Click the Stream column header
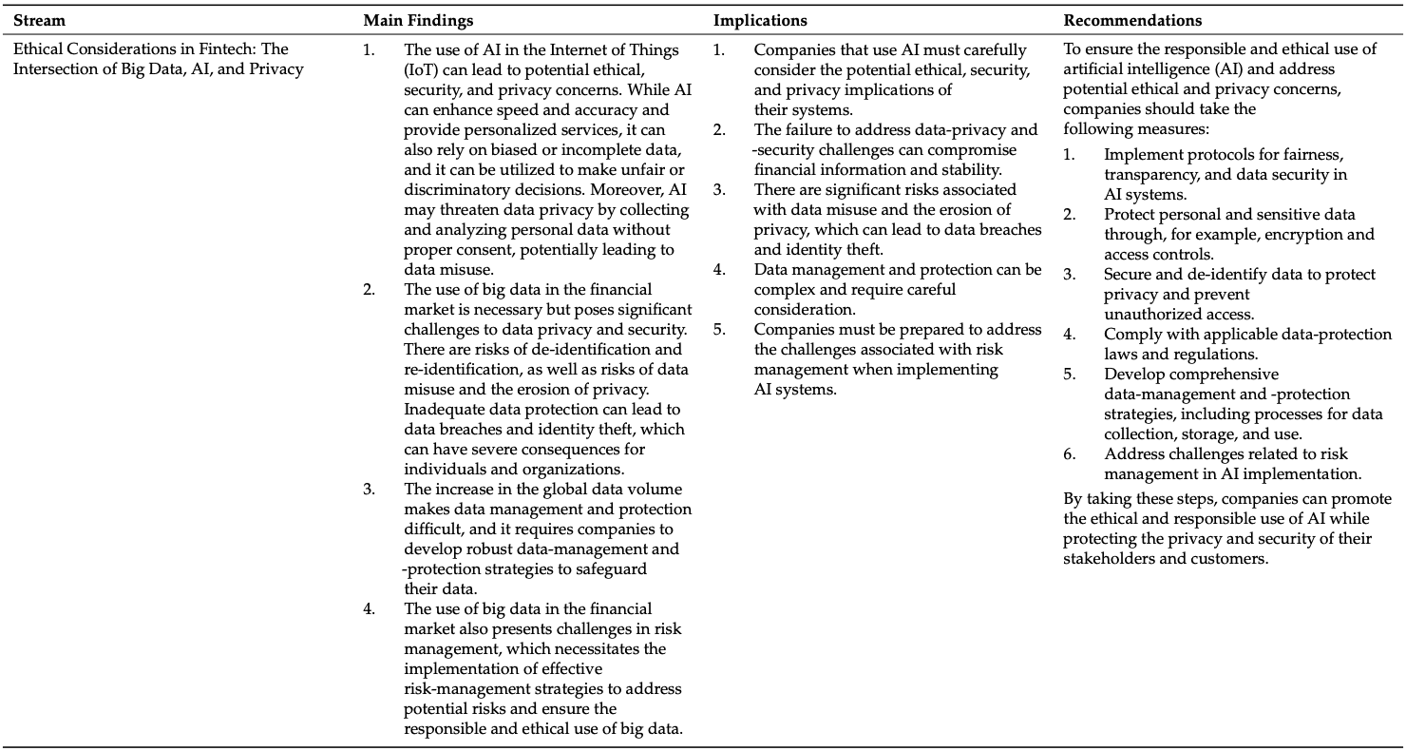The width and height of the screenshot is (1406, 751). point(39,20)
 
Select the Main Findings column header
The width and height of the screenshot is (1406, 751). point(418,20)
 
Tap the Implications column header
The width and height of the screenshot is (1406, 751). point(761,20)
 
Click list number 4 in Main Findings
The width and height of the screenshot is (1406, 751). point(369,608)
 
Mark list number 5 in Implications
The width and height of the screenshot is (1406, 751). point(719,330)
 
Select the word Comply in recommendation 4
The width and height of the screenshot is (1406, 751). point(1129,334)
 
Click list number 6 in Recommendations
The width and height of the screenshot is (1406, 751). point(1069,453)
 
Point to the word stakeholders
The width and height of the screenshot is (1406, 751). point(1110,558)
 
